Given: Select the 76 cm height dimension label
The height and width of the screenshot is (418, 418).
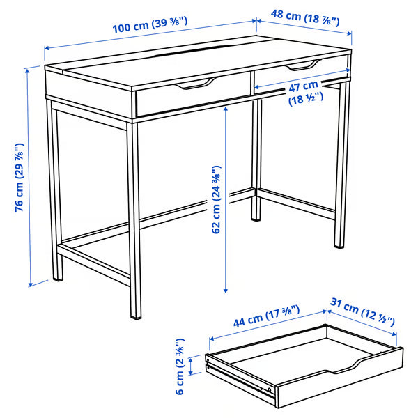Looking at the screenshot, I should point(20,177).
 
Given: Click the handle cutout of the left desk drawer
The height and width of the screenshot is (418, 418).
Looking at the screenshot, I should point(192,86).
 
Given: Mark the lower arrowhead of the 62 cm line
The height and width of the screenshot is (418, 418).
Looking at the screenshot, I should point(226,288).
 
